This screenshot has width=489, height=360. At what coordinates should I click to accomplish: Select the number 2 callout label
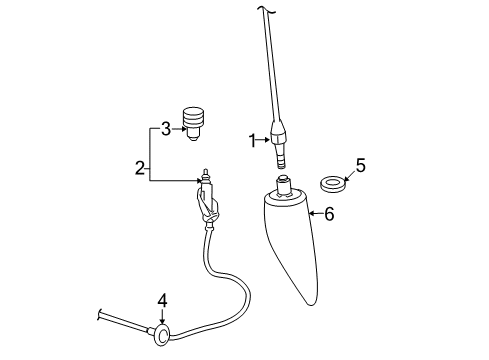pyautogui.click(x=141, y=168)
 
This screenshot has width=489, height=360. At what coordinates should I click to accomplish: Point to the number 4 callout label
pyautogui.click(x=162, y=299)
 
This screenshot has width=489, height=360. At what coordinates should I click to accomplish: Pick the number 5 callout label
pyautogui.click(x=360, y=165)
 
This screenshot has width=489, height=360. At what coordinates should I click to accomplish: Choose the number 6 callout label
pyautogui.click(x=328, y=213)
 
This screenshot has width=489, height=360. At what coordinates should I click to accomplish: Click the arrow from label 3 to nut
pyautogui.click(x=177, y=127)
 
